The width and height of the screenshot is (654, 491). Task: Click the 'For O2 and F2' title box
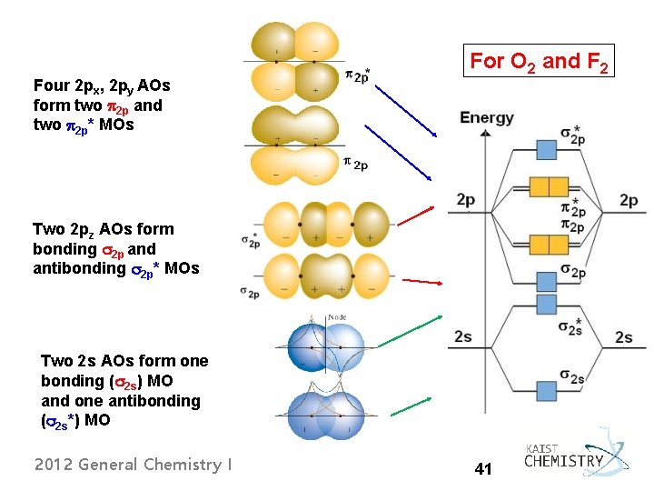click(539, 62)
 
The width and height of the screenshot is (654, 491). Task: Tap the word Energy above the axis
click(487, 118)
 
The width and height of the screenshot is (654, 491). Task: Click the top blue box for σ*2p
click(547, 149)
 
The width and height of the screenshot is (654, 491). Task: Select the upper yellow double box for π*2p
click(547, 186)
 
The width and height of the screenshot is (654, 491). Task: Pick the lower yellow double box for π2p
click(547, 245)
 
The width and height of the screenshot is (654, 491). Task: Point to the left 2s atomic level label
click(463, 336)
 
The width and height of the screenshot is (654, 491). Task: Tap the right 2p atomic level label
click(629, 200)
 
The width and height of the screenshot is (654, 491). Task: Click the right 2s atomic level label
click(624, 337)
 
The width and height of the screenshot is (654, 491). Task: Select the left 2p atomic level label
click(465, 200)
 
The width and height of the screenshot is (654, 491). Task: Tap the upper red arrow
click(414, 215)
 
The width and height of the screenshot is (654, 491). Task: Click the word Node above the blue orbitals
click(337, 317)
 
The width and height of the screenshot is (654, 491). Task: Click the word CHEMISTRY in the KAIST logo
click(563, 461)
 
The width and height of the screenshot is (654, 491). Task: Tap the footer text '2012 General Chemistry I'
click(133, 465)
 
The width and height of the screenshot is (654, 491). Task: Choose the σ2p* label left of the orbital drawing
click(251, 241)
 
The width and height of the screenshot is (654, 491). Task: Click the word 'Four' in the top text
click(50, 85)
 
